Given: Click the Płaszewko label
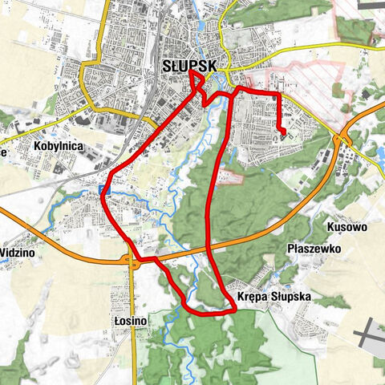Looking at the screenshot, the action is [314, 249].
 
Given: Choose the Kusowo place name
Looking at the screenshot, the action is [347, 228].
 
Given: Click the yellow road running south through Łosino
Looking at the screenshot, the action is [133, 345].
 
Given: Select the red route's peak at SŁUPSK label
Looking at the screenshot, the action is [192, 74].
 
